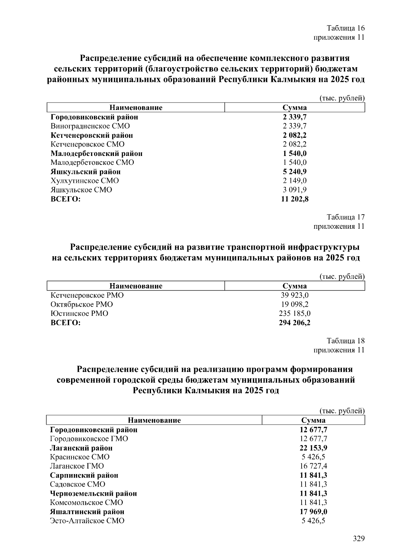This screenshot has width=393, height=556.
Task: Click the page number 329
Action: (x=359, y=539)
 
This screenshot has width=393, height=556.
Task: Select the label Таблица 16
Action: (x=346, y=28)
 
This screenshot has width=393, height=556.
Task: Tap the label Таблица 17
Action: (x=346, y=217)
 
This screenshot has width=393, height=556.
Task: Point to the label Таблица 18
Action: (x=346, y=341)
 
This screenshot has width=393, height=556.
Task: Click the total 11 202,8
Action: (x=295, y=199)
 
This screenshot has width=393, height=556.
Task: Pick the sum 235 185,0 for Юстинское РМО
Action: (x=295, y=314)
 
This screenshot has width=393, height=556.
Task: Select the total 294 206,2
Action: (x=295, y=323)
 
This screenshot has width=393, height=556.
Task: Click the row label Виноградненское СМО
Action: (x=90, y=126)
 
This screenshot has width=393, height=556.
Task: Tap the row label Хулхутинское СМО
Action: (x=84, y=181)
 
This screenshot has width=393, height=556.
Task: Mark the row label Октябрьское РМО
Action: (x=82, y=304)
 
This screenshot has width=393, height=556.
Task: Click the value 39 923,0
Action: (x=295, y=295)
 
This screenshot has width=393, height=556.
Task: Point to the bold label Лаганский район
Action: (x=81, y=448)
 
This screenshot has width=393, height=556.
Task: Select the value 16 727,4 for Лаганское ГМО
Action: (x=313, y=466)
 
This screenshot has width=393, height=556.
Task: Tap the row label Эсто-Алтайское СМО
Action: (x=87, y=521)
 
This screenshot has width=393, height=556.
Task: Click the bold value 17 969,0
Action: (x=313, y=511)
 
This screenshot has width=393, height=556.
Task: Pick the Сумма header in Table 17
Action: (x=295, y=286)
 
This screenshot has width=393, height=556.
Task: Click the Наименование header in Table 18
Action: (x=154, y=420)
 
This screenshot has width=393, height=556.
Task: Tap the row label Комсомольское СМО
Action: (x=86, y=502)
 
